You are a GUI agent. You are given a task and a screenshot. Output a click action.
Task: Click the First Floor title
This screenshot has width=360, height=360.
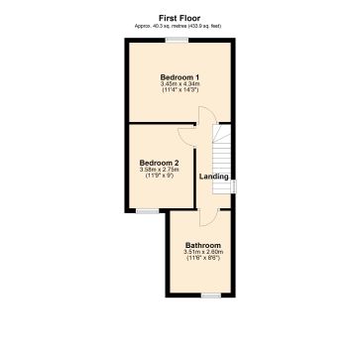coord(180,17)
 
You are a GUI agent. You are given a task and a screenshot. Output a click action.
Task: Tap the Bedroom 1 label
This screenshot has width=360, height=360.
coord(180,76)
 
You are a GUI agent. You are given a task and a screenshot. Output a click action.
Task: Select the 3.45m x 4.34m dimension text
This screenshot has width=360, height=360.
coord(180,84)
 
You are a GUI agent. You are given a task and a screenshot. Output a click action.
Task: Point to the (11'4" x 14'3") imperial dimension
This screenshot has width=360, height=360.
coord(180,91)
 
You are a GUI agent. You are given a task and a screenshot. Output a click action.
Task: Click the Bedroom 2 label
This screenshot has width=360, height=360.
coord(159,162)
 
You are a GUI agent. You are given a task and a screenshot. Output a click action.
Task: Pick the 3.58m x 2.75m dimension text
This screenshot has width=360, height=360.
coord(159,170)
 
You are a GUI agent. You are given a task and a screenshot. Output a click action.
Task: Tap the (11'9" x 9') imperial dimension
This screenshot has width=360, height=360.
coord(159,177)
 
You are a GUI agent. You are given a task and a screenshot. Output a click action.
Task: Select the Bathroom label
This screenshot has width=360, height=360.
coord(202,245)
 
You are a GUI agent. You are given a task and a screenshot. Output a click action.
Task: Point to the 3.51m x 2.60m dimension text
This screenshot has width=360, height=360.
coord(202,252)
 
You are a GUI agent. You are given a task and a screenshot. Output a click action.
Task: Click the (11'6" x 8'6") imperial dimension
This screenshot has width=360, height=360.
coord(202,259)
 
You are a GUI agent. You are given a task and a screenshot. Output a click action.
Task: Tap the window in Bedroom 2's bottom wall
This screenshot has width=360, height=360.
coord(147,210)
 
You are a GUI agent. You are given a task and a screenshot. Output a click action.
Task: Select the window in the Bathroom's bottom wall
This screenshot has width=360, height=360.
coord(211,295)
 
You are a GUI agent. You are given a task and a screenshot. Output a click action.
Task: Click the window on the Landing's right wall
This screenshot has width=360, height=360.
coord(233,185)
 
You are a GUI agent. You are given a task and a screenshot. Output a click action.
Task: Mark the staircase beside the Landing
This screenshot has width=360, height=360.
coord(223,149)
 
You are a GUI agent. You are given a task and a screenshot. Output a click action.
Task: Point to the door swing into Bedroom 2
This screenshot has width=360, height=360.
coord(185,139)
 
